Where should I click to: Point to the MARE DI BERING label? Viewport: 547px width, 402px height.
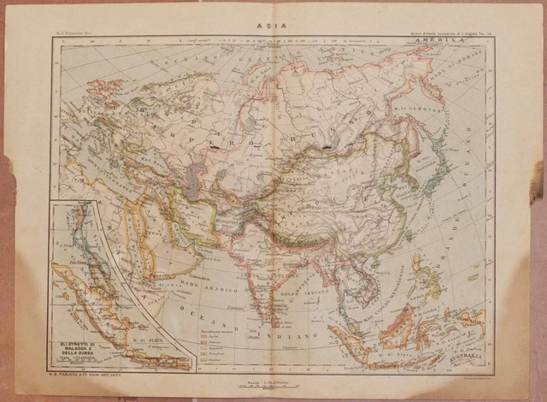coord(468,86)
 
